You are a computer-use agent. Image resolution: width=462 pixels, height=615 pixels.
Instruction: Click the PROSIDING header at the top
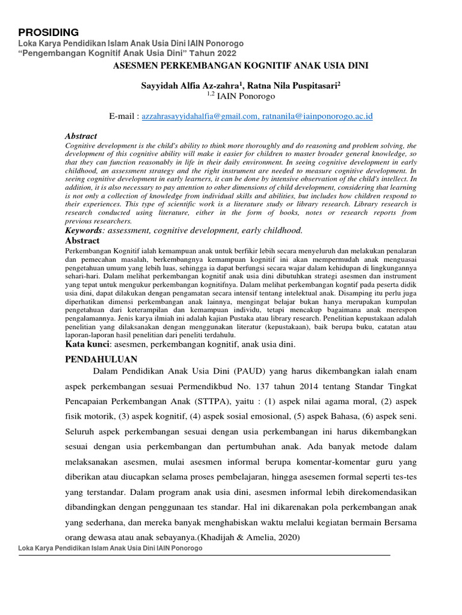(x=49, y=32)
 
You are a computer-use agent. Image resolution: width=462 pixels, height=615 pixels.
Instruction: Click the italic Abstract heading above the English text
(x=81, y=136)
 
